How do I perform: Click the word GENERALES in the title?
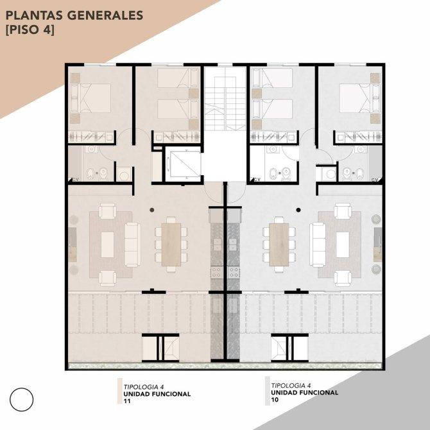105,15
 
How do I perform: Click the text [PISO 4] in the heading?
30,30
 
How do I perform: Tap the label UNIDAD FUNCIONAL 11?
157,397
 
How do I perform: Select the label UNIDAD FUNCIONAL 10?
304,396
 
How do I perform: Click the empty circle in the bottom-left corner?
21,400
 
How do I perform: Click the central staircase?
225,99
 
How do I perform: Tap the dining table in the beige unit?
171,245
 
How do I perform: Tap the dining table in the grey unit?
279,245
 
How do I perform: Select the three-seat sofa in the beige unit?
133,245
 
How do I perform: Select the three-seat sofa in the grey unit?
318,245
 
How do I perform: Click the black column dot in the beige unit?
152,210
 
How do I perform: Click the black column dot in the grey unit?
298,210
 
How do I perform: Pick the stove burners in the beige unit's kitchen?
216,272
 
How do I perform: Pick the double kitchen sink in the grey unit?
233,245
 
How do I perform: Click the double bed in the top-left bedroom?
90,98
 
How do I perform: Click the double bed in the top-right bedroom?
360,98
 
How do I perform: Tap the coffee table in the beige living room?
108,245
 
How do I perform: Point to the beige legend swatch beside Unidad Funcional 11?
120,391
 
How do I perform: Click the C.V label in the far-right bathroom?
375,180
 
